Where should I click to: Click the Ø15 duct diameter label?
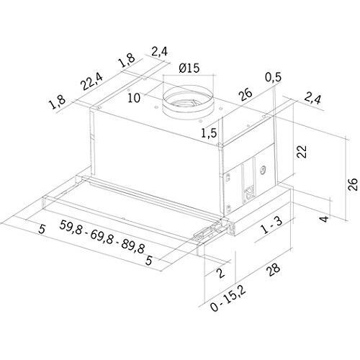pos(189,68)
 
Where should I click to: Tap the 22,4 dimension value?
pos(91,81)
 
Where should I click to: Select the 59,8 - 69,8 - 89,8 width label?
pos(102,237)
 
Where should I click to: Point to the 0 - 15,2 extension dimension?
pos(228,299)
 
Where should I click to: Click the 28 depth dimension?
pos(273,270)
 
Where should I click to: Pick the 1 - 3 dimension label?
pos(271,225)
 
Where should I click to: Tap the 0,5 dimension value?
pos(273,77)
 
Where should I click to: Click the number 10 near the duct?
pos(134,98)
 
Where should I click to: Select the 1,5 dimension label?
pos(209,133)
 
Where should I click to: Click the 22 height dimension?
pos(302,151)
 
